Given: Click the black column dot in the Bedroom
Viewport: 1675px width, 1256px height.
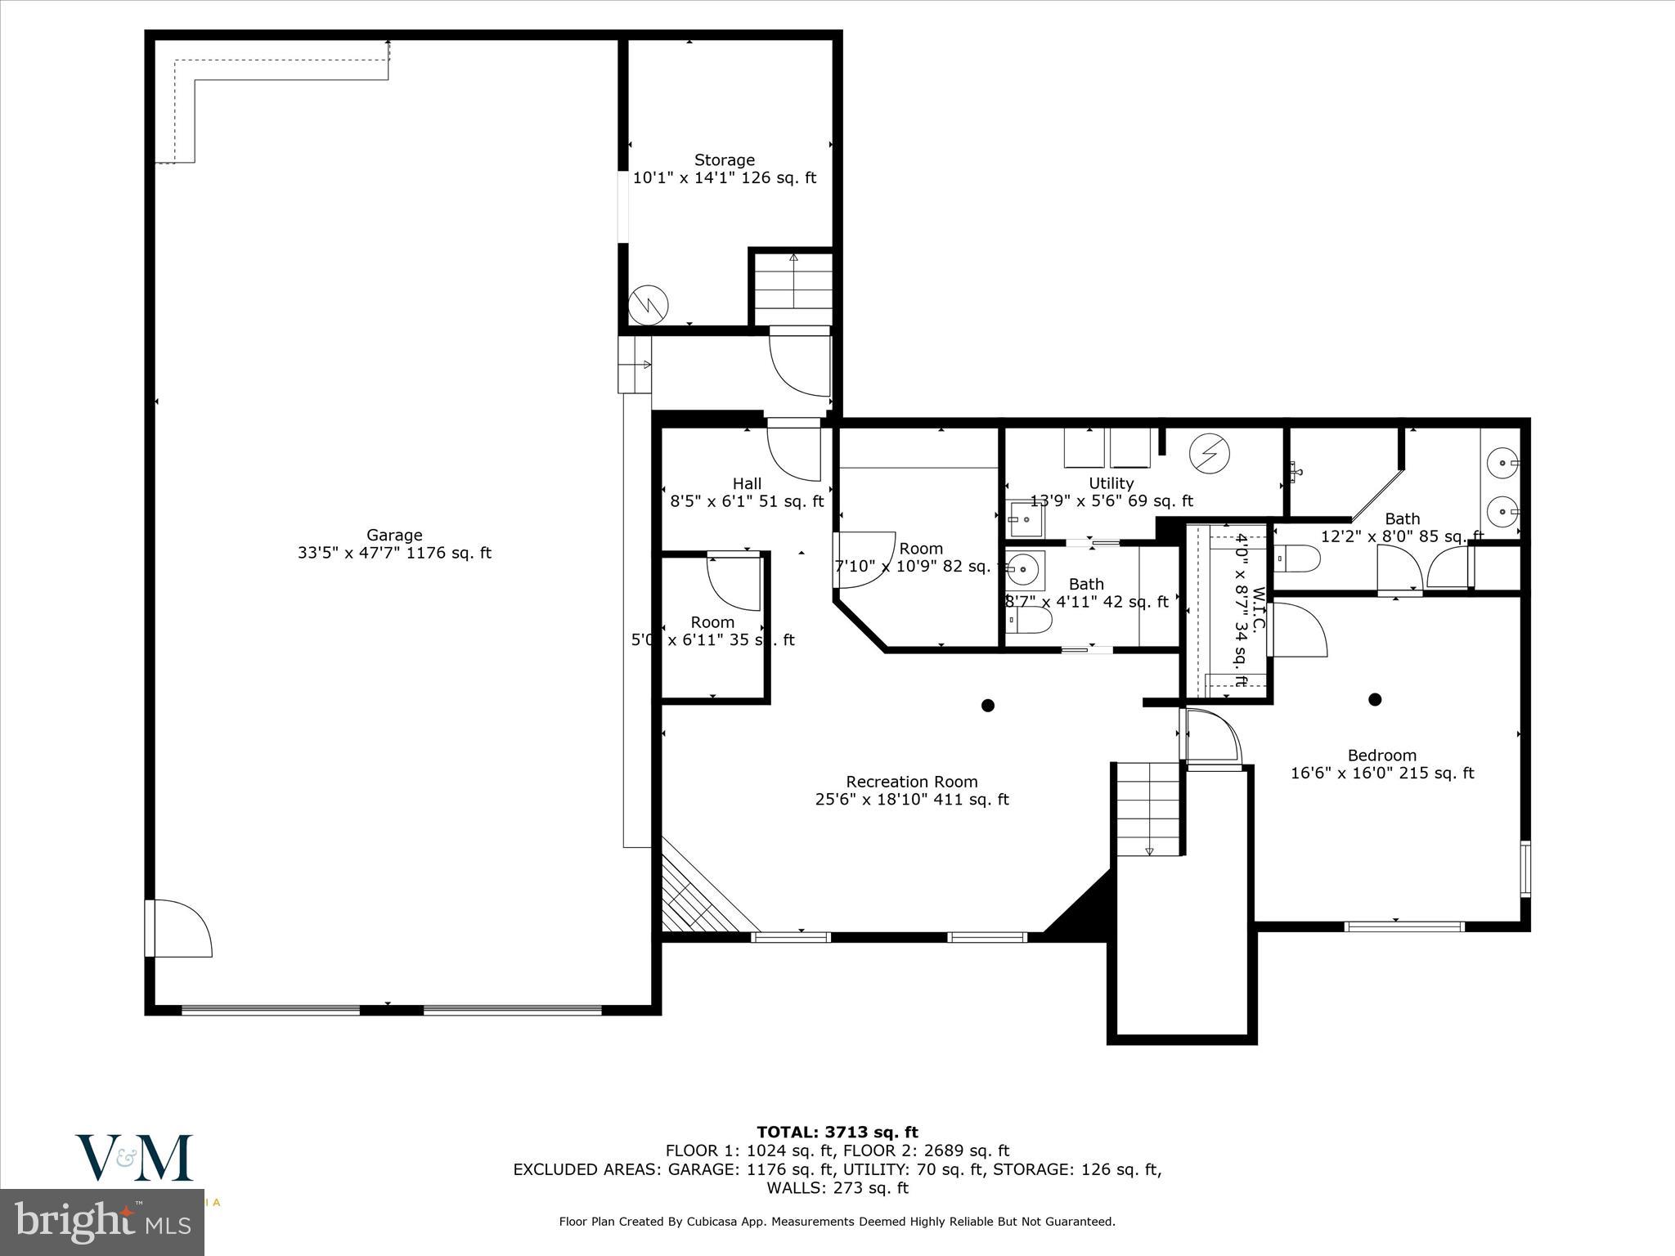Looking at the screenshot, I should (x=1375, y=699).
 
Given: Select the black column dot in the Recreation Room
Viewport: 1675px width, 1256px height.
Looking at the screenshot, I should (x=987, y=705).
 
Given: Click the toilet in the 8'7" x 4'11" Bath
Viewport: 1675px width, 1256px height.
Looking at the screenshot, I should (x=1030, y=621).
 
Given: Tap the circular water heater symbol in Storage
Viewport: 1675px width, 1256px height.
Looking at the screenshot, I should (x=649, y=305).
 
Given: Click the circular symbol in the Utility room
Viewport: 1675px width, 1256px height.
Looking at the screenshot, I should (x=1209, y=454).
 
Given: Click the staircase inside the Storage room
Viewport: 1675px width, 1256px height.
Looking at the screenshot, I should (x=793, y=290).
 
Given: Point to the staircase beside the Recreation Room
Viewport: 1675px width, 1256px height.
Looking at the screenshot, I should (x=1148, y=808).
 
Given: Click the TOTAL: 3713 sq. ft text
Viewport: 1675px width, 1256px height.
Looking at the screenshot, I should (x=837, y=1132).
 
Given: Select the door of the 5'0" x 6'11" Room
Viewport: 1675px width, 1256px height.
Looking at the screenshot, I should (x=734, y=582).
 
